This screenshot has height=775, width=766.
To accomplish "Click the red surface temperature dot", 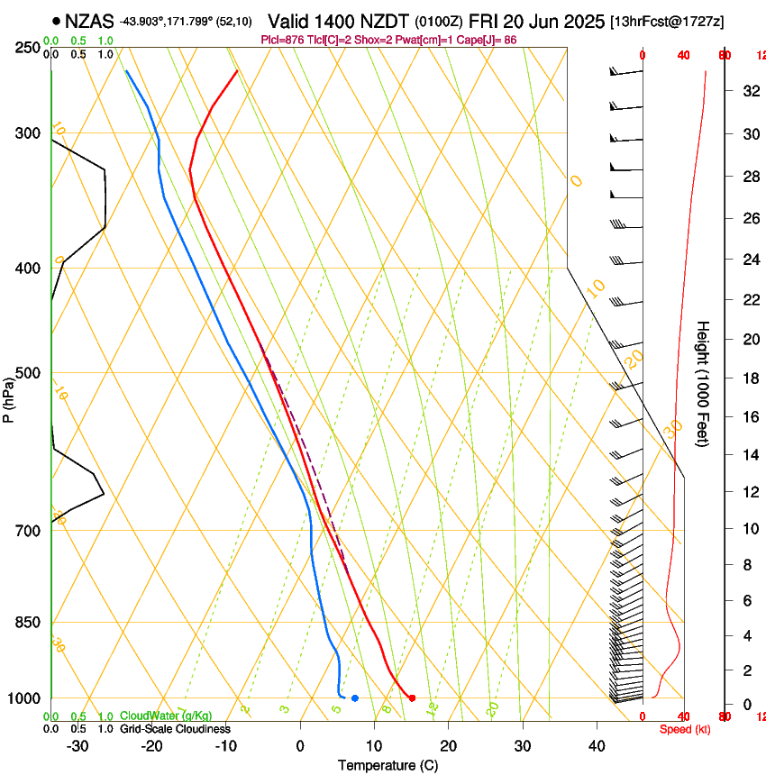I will click(x=412, y=697).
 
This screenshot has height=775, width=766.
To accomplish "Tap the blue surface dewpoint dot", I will click(x=355, y=697).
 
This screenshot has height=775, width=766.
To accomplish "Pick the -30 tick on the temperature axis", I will click(x=78, y=745).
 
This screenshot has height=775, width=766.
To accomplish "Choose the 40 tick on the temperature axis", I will click(x=597, y=745).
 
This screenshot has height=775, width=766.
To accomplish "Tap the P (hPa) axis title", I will click(x=8, y=397).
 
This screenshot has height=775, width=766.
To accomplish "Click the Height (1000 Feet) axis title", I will click(x=704, y=384).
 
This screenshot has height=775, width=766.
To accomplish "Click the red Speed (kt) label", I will click(x=680, y=728).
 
